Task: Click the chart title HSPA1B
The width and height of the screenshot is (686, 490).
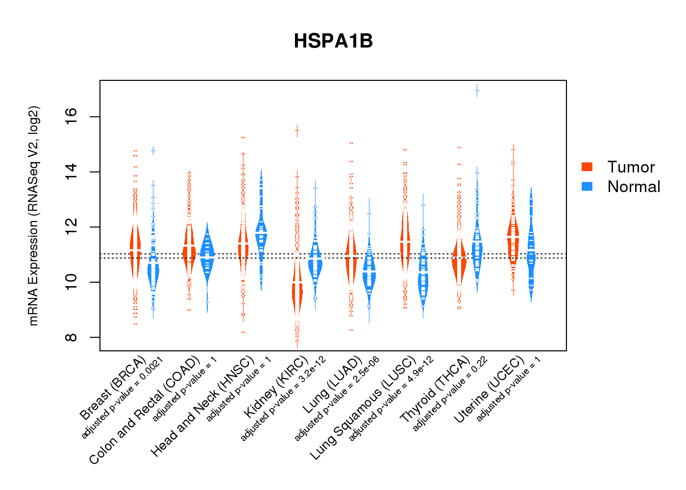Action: (333, 41)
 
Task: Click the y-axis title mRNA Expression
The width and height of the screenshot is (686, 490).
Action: (33, 216)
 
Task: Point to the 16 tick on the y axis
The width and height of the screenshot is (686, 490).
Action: (72, 117)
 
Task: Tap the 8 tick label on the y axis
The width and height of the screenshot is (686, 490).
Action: (72, 337)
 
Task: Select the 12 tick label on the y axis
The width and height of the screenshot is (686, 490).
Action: (72, 227)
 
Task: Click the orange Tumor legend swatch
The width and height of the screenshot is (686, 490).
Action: (587, 167)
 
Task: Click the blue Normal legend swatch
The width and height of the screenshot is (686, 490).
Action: (587, 186)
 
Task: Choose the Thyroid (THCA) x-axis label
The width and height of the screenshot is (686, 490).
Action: (435, 390)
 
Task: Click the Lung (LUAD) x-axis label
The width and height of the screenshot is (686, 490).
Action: (332, 385)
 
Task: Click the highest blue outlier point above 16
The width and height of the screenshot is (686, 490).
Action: (477, 91)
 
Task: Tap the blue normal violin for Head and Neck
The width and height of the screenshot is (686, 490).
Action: (261, 230)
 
